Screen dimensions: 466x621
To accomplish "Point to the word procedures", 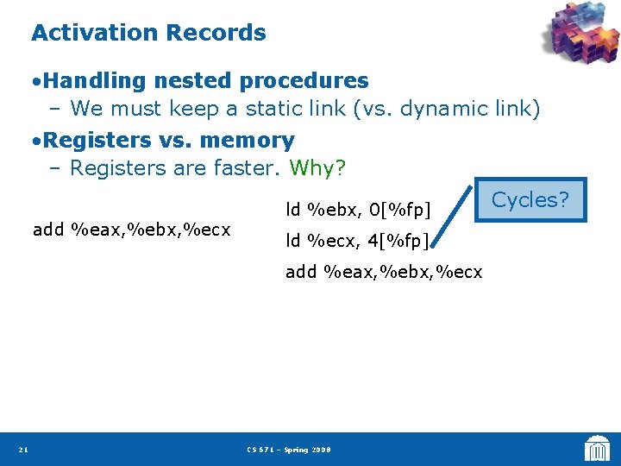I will [304, 81].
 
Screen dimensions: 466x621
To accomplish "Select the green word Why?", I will [317, 167].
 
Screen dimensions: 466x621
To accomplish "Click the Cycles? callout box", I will [530, 200].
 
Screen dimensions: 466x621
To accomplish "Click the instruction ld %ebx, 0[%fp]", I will [358, 209].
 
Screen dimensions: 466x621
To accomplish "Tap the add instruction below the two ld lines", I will [384, 272].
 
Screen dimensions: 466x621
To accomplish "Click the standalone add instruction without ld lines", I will [131, 230].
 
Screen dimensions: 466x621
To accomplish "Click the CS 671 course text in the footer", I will [288, 450].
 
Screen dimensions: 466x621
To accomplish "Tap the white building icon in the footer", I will [596, 448].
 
